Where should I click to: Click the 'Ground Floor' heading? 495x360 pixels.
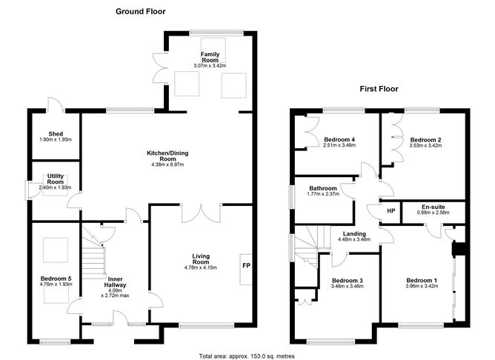click(x=141, y=12)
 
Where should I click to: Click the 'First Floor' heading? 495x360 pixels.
click(x=379, y=89)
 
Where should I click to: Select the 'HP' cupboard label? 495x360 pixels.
click(x=390, y=211)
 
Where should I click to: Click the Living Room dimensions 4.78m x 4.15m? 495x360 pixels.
click(x=200, y=267)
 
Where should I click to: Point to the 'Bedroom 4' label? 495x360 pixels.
click(x=340, y=139)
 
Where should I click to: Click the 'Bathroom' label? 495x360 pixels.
click(x=324, y=189)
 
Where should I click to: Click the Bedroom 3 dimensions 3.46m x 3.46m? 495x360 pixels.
click(x=346, y=287)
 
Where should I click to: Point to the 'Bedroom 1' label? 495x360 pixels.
click(x=420, y=280)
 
